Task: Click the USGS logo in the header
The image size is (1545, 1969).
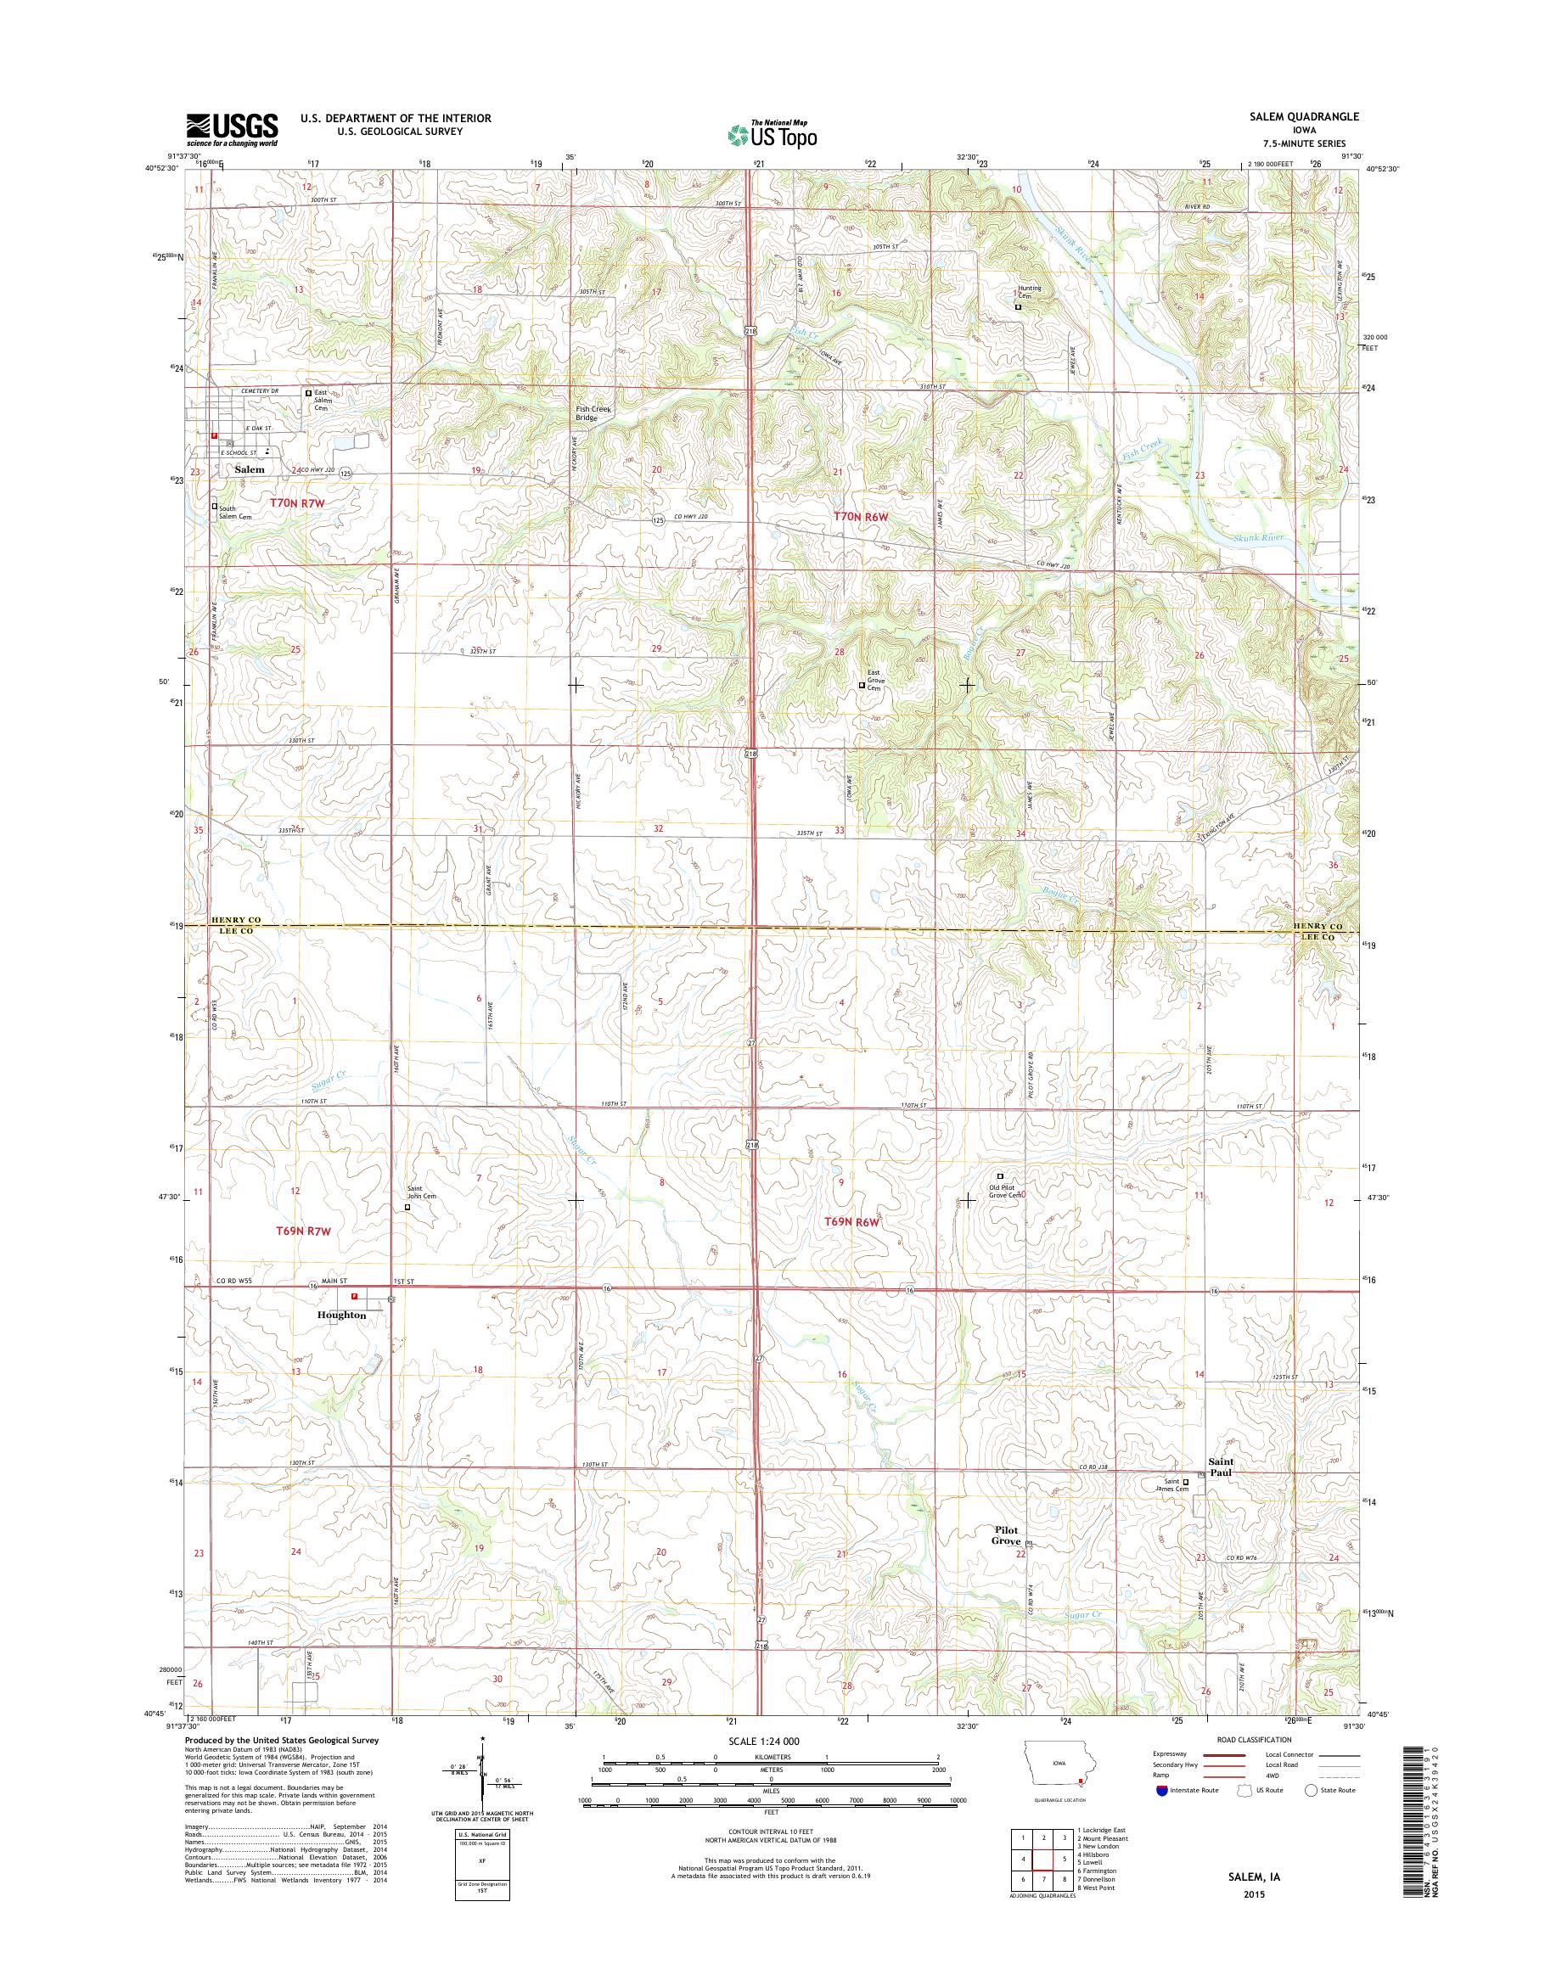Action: pos(232,129)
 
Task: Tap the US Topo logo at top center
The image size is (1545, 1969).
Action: pos(772,134)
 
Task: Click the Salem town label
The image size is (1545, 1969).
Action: pos(250,469)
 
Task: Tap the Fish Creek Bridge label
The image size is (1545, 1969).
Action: pos(593,413)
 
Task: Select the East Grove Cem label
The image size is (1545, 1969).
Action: pos(874,679)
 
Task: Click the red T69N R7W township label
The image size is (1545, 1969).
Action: pos(304,1231)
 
